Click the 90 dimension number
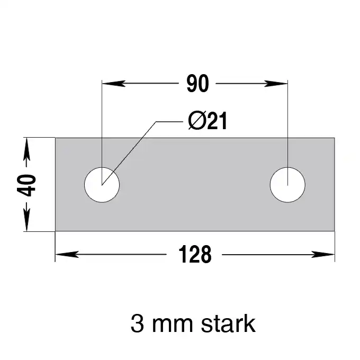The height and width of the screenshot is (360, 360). point(197,83)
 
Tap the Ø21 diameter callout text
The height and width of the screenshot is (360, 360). point(208,121)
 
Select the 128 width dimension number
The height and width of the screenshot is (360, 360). point(195,254)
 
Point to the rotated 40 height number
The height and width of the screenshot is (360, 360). point(26,185)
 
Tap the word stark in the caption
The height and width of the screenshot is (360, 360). point(228,323)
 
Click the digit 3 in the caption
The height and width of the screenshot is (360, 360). point(137,323)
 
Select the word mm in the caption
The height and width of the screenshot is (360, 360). point(173,326)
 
